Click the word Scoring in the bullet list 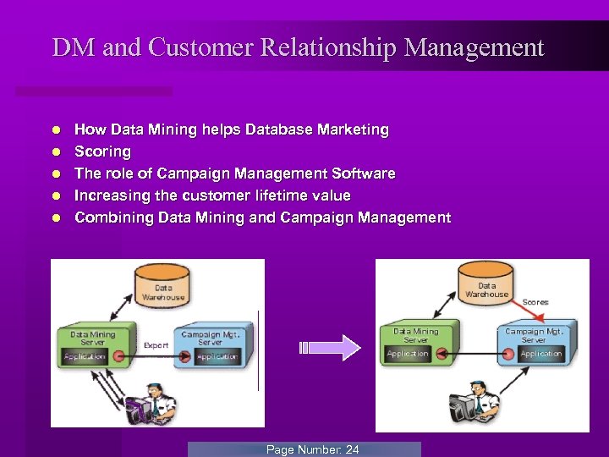103,151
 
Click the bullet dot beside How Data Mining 55,130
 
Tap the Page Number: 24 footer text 312,449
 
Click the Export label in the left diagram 156,345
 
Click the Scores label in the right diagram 535,302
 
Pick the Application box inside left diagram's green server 85,357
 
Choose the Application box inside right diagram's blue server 541,354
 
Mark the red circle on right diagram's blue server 508,353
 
